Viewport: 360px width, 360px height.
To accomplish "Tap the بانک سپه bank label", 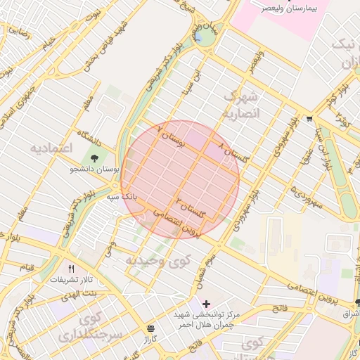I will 120,198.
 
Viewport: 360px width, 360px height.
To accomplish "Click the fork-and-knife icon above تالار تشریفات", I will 70,269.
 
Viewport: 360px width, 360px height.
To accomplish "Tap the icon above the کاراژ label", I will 150,328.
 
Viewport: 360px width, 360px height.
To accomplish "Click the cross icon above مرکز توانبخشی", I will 205,303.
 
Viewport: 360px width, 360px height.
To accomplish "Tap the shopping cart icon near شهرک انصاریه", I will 310,118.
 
